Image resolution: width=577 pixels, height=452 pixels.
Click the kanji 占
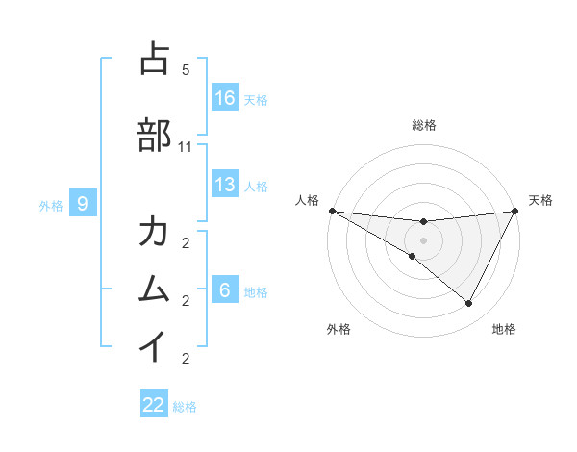pos(155,60)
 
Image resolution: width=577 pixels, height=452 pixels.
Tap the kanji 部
pos(155,136)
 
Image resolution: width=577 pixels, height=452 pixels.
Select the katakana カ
pos(155,233)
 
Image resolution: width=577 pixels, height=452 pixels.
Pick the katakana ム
pos(155,289)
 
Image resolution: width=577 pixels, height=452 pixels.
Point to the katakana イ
pos(155,345)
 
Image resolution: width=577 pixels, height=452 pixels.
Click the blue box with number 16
pos(225,97)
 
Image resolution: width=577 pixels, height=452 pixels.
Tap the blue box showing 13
pos(225,185)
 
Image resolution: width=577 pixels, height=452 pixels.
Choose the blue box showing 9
pos(83,203)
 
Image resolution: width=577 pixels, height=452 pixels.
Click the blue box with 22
pos(154,405)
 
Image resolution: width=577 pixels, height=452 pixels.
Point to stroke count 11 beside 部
pos(186,147)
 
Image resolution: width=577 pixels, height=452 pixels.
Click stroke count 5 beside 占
pos(186,70)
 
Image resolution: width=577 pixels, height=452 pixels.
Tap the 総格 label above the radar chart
pos(424,125)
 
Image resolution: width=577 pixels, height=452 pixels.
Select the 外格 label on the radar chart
pos(339,329)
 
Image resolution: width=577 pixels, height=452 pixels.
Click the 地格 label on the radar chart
pos(504,329)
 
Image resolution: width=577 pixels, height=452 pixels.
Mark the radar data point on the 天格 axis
pos(515,211)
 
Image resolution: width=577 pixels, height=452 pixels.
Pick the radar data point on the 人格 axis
pos(332,211)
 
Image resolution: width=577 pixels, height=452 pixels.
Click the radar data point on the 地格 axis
pos(469,304)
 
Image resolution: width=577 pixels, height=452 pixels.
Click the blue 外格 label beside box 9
pos(51,205)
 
